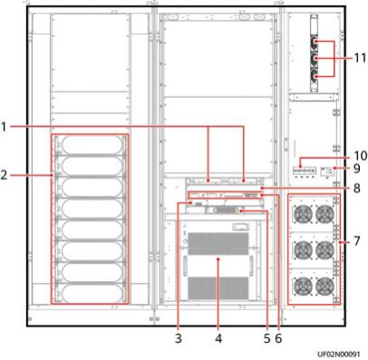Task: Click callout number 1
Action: [x=4, y=127]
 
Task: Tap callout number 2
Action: [x=4, y=175]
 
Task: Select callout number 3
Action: [x=179, y=338]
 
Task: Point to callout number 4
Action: [x=218, y=338]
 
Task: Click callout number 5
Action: [x=266, y=338]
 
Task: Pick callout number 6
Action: [x=278, y=338]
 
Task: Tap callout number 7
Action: [x=357, y=241]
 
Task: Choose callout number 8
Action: [x=357, y=188]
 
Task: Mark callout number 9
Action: [x=357, y=169]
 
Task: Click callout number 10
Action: [x=360, y=156]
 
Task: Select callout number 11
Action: [x=360, y=57]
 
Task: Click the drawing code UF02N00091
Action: [x=339, y=354]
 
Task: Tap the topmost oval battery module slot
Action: [x=92, y=145]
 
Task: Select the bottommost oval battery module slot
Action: [x=92, y=293]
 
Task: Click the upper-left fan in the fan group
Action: [x=304, y=214]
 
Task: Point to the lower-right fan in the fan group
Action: [x=325, y=286]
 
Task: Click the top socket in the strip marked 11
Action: [x=315, y=42]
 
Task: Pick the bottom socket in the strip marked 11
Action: [x=315, y=76]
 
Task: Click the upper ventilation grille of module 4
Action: [x=218, y=244]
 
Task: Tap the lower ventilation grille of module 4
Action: [x=218, y=287]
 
